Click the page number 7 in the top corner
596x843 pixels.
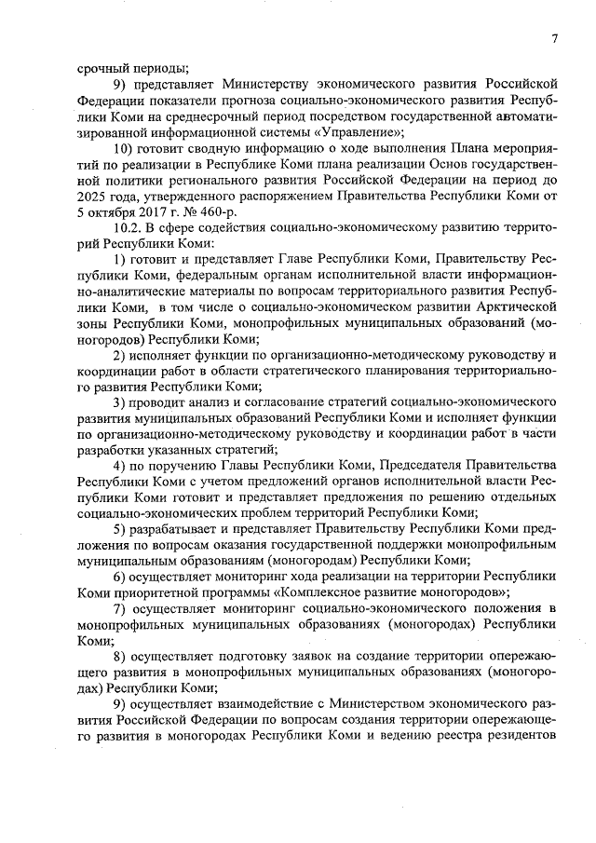tap(553, 38)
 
